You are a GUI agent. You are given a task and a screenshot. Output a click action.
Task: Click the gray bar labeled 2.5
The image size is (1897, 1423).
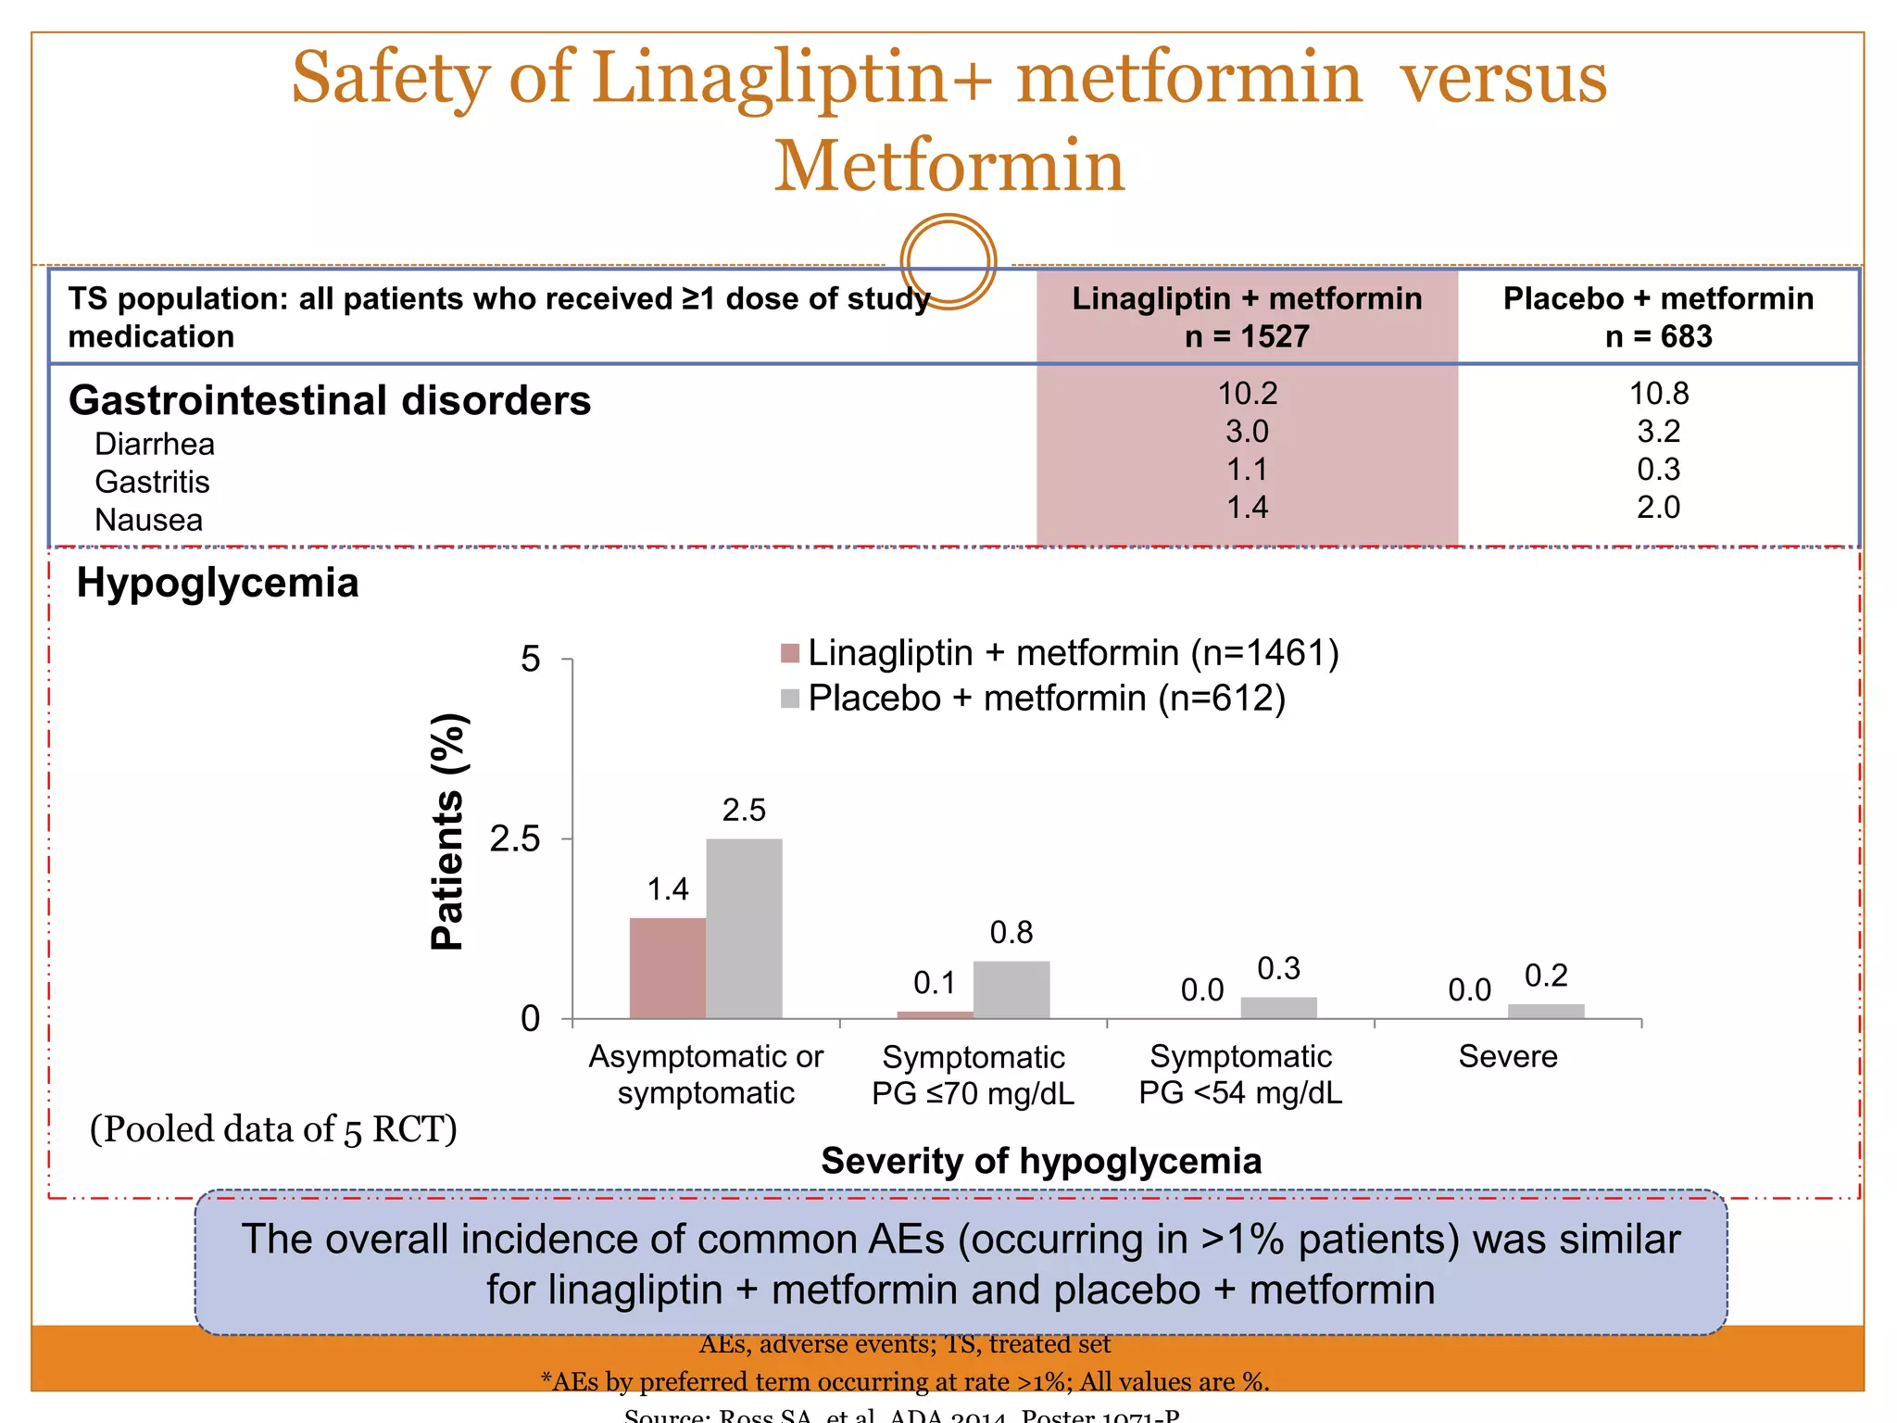(x=744, y=928)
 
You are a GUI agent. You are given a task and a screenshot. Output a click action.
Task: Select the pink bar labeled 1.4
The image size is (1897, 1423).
(x=667, y=968)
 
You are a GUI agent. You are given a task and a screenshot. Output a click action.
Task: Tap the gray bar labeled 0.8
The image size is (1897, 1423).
(x=1011, y=989)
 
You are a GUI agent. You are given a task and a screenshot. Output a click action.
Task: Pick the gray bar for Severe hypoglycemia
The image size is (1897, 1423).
(x=1546, y=1011)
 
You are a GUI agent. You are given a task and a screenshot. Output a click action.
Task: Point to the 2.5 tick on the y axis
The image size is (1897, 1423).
(x=515, y=839)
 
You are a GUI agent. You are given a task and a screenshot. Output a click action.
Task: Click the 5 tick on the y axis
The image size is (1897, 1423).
(x=530, y=660)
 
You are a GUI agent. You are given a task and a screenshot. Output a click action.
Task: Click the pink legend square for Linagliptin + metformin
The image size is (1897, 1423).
(x=790, y=653)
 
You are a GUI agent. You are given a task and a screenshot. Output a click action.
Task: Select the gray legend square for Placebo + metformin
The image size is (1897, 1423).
(x=790, y=699)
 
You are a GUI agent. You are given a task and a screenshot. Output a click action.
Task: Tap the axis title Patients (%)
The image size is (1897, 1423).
(x=447, y=831)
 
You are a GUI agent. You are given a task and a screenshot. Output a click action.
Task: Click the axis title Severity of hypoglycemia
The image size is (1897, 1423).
(x=1041, y=1161)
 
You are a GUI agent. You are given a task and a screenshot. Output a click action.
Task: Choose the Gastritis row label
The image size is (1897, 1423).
(x=152, y=482)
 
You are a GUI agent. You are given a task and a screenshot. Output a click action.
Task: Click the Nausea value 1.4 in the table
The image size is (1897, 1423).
(x=1247, y=507)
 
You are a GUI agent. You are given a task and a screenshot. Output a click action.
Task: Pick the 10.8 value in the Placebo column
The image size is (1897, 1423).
(x=1658, y=394)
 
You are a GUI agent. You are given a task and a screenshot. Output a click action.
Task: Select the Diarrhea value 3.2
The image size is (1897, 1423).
(x=1658, y=432)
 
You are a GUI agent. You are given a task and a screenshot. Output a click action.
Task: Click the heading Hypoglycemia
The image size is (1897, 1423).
(x=218, y=583)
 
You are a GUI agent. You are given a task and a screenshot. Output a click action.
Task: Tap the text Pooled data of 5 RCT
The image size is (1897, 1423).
(x=273, y=1129)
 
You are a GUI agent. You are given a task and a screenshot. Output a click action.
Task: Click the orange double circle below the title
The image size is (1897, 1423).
(x=948, y=261)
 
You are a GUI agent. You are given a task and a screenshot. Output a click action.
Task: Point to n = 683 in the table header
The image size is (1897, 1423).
(x=1658, y=336)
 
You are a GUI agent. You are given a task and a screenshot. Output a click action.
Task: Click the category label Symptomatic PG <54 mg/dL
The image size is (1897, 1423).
(x=1240, y=1075)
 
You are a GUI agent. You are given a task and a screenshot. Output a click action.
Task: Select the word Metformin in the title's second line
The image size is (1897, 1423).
(x=948, y=166)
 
